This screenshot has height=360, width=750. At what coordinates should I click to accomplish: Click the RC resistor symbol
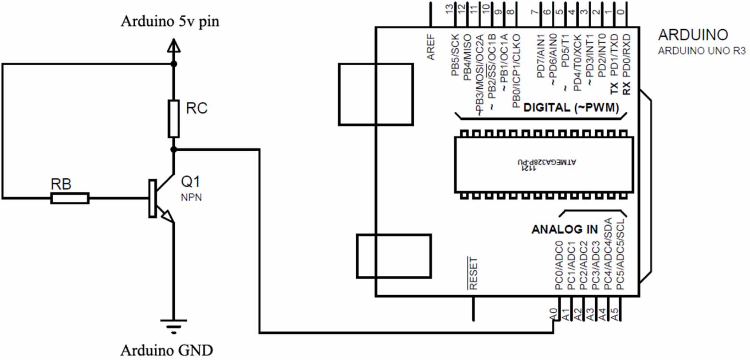tap(174, 118)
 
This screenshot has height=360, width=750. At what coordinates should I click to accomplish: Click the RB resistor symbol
tap(70, 198)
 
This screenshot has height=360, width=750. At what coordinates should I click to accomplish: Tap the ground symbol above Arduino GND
tap(173, 326)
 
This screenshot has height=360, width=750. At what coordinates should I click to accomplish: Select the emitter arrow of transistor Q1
tap(168, 216)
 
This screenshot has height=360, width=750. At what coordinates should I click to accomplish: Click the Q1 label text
tap(191, 181)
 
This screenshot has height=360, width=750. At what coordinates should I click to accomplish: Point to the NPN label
tap(191, 197)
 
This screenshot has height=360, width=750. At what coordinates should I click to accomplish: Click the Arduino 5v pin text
tap(170, 21)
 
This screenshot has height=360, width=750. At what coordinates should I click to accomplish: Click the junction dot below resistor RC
tap(174, 150)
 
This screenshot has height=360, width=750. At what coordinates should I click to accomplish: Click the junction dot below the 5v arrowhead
tap(174, 64)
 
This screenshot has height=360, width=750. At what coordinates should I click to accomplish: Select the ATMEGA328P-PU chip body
tap(544, 164)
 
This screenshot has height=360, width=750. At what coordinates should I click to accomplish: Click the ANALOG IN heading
tap(565, 229)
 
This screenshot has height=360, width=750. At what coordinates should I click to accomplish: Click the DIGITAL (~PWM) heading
tap(571, 108)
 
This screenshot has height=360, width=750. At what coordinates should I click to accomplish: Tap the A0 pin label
tap(553, 314)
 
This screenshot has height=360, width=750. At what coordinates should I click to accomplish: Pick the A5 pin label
tap(615, 314)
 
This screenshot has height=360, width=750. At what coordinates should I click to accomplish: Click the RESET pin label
tap(473, 273)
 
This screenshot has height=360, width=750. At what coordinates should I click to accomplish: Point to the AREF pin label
tap(431, 47)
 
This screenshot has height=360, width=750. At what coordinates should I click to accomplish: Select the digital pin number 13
tap(450, 8)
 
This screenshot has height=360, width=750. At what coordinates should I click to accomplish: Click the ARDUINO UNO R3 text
tap(701, 51)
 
